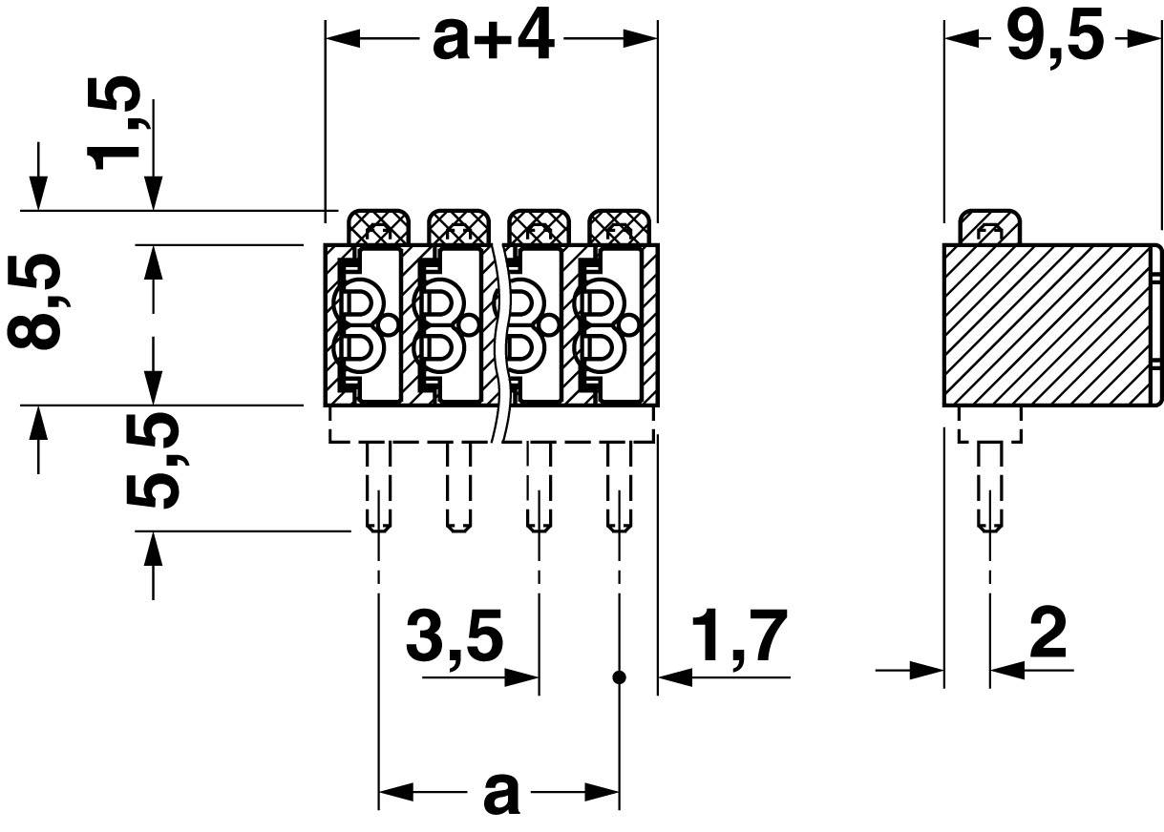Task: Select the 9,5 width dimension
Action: (1054, 39)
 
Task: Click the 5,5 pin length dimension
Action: (153, 461)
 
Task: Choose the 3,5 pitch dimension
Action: (454, 637)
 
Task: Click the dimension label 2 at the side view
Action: (1048, 634)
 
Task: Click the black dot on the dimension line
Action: (619, 677)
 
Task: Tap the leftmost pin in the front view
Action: (378, 487)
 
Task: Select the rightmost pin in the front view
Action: (619, 487)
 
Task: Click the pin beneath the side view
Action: (989, 487)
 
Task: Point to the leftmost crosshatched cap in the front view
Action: (378, 227)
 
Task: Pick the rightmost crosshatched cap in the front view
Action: (620, 227)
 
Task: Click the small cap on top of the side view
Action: (989, 227)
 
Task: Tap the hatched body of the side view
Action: (1046, 324)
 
